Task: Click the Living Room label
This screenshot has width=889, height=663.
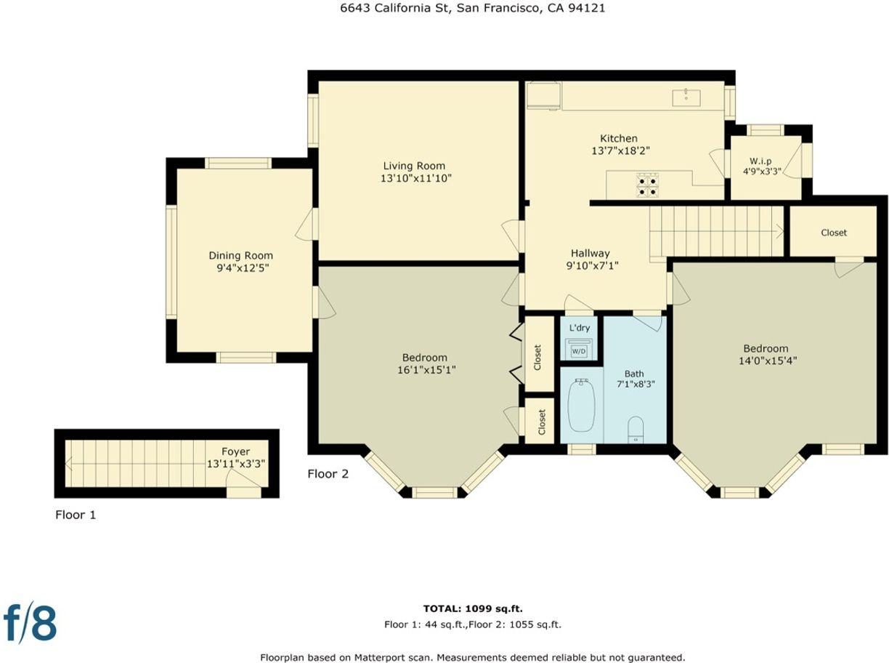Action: (x=414, y=166)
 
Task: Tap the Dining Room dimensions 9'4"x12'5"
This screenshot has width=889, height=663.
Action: (x=240, y=268)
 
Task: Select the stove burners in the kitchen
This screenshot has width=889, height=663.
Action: (x=647, y=185)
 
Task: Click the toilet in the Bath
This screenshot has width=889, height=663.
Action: (x=636, y=428)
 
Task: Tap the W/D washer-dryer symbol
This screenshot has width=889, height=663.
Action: (x=579, y=350)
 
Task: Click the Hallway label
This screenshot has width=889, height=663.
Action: (x=590, y=253)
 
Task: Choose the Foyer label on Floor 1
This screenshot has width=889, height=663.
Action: (x=235, y=451)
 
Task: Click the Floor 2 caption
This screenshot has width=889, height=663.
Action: (x=328, y=474)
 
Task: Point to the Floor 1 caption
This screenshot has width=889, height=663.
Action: (x=76, y=515)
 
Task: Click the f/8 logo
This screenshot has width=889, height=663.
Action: (x=31, y=622)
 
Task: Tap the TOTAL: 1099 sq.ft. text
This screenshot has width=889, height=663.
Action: (x=473, y=608)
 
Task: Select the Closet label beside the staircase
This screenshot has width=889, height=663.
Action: (x=833, y=233)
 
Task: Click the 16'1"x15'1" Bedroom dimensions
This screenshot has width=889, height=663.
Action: (x=425, y=370)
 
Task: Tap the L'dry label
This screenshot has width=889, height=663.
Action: (x=580, y=328)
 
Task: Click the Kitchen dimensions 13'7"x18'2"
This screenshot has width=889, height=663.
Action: (x=620, y=150)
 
